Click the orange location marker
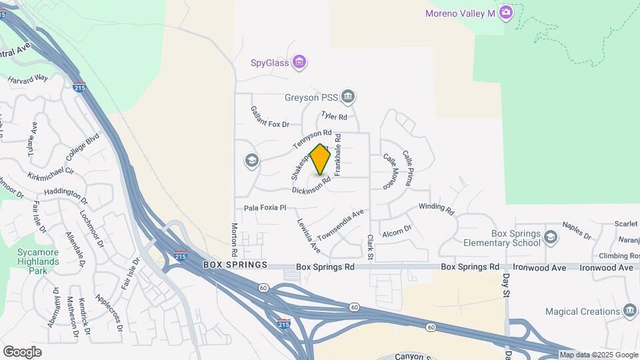point(321,159)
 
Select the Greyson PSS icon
point(348,97)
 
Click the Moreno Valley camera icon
point(506,13)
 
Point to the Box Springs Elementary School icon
point(551,237)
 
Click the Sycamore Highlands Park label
point(38,257)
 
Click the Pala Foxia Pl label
point(265,208)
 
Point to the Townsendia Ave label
point(341,226)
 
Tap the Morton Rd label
point(234,240)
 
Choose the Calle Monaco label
point(389,171)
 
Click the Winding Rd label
point(436,208)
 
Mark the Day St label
point(507,285)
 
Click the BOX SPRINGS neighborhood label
point(235,265)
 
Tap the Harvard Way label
point(28,79)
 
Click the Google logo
point(22,351)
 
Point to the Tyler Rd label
point(334,117)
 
